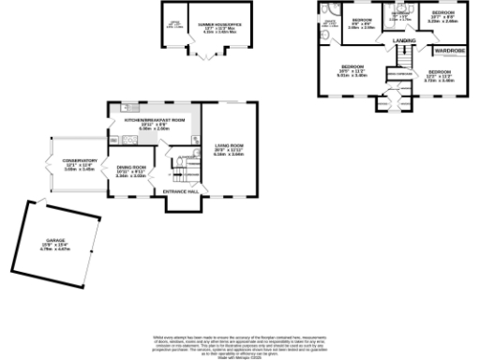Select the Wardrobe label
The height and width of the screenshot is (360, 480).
442,51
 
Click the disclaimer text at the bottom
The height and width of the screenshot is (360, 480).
239,344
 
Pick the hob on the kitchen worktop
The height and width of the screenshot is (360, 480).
130,140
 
